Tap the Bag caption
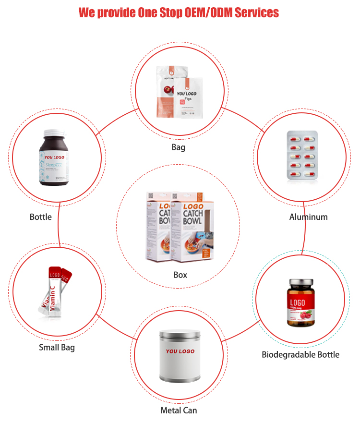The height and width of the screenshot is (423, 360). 178,147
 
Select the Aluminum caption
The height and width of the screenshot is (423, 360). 308,217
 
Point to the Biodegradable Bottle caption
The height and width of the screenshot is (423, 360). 300,355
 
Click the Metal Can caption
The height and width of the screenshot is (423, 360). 179,410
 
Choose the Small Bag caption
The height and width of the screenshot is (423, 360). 57,347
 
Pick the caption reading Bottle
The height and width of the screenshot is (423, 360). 41,217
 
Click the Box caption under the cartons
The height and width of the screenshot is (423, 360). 180,275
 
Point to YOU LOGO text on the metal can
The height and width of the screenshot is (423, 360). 180,351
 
